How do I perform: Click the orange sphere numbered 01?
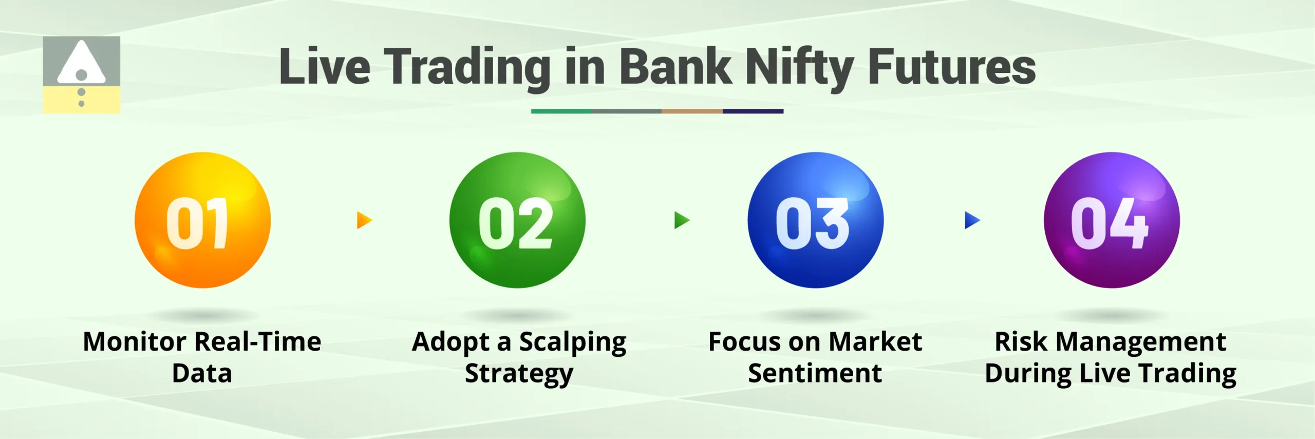pos(202,220)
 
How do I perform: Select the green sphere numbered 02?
pos(517,220)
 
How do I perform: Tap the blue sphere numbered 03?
pos(815,220)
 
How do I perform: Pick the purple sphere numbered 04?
pos(1112,220)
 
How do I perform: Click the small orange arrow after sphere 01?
pos(364,220)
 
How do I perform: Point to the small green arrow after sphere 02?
pos(681,220)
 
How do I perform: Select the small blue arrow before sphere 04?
pos(972,220)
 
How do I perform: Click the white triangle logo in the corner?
pos(81,64)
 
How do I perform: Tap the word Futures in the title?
pos(951,67)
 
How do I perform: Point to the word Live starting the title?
pos(324,67)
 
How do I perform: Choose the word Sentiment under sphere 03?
pos(815,373)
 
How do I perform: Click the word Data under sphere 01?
pos(202,373)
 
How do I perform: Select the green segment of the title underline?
pos(561,111)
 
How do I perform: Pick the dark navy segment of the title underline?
pos(753,111)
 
